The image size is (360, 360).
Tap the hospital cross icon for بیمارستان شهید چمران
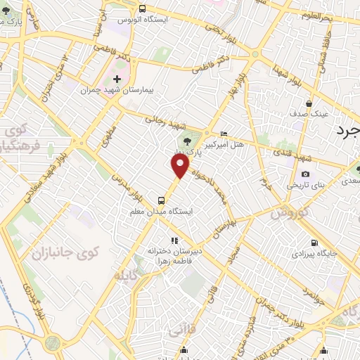pyautogui.click(x=117, y=79)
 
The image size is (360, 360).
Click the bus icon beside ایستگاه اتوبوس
pyautogui.click(x=143, y=9)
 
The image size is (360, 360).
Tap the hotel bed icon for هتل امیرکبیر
pyautogui.click(x=224, y=134)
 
